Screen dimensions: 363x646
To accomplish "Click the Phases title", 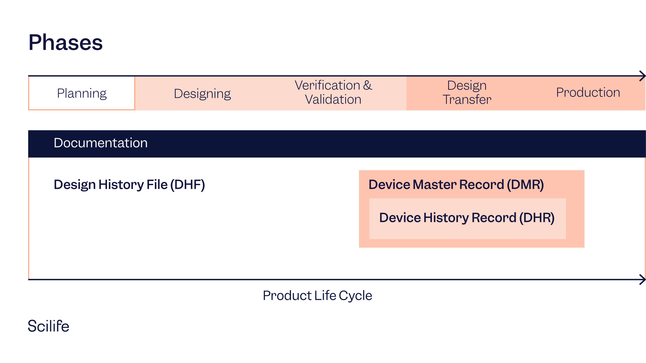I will pos(66,43).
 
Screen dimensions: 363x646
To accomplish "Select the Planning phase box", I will pos(82,93).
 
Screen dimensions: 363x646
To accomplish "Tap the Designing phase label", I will pos(202,93).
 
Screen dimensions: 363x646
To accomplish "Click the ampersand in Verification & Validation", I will pos(368,85).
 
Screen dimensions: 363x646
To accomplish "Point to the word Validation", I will pos(333,99).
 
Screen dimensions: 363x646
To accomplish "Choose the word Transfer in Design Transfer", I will pos(467,99).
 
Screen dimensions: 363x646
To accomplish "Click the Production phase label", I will pos(588,92).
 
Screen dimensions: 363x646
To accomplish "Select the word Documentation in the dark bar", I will pos(101,143).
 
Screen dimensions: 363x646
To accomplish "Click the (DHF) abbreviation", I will pos(187,185).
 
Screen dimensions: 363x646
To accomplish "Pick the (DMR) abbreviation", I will pos(525,185).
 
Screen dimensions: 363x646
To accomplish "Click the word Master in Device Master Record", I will pos(434,185).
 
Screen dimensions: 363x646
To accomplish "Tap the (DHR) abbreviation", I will pos(537,218).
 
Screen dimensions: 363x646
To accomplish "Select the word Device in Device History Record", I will pos(400,218).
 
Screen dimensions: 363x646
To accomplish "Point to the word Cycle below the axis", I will pos(355,296).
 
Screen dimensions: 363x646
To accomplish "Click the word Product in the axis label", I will pos(287,296).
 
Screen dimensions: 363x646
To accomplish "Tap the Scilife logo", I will pos(48,326).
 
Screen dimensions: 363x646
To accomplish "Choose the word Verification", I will pos(327,85).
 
